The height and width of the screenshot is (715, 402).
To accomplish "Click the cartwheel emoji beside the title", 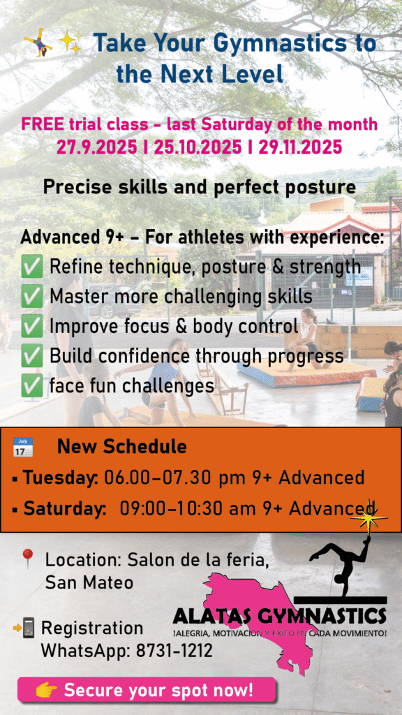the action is pos(38,43).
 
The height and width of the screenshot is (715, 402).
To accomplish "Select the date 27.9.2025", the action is pos(96,147).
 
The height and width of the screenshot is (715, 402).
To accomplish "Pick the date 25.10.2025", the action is pos(198,147).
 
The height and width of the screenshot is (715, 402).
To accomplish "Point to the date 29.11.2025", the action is pos(300,147).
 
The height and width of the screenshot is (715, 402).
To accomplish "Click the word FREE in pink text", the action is pos(43,124).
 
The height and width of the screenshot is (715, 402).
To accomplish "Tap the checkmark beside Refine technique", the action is pos(32,267).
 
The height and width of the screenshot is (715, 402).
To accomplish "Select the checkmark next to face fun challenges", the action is pos(32,387).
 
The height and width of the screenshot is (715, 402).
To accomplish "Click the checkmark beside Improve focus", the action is pos(32,327).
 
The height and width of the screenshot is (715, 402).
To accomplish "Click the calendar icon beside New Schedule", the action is pos(23,447).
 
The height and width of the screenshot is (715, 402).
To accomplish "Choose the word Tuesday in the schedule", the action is pos(61,478).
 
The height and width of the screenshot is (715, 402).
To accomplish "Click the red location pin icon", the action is pos(28,559).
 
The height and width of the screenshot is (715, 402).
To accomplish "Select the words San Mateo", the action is pos(89,582).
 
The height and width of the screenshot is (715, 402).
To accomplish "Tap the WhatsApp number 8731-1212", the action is pos(174,651).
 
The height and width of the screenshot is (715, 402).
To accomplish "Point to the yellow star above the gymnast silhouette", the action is pos(368,517).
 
